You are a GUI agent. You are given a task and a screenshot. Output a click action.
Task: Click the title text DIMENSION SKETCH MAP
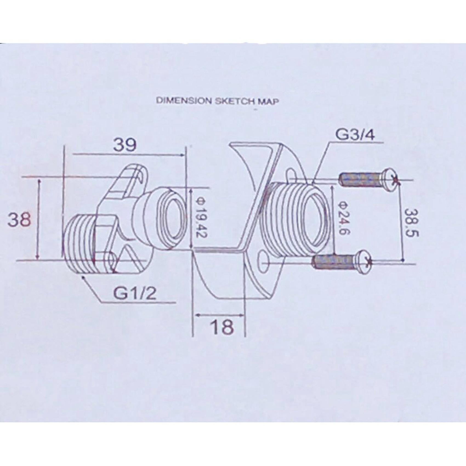(x=217, y=101)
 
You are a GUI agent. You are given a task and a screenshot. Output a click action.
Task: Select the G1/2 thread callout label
(x=135, y=293)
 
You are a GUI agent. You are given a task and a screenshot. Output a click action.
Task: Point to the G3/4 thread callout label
(x=355, y=135)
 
